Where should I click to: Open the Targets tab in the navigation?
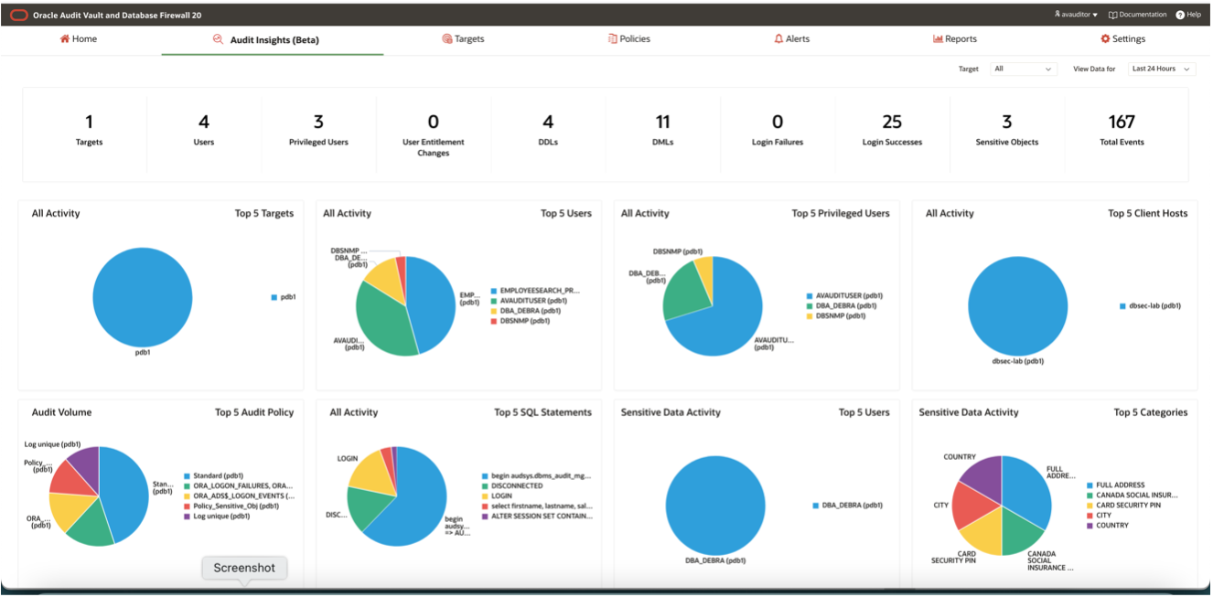(463, 39)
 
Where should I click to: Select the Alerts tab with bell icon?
(791, 39)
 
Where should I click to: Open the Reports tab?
(955, 39)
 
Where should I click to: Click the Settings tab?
(1122, 39)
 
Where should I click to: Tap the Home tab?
(79, 39)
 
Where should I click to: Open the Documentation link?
(1138, 15)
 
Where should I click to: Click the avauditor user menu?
(1076, 15)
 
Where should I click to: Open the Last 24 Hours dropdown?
(1162, 69)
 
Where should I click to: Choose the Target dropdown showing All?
(1024, 69)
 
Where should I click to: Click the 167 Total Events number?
(1122, 122)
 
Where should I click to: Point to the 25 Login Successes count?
(892, 122)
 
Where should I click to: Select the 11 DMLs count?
(662, 122)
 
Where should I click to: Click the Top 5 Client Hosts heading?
(1147, 213)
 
